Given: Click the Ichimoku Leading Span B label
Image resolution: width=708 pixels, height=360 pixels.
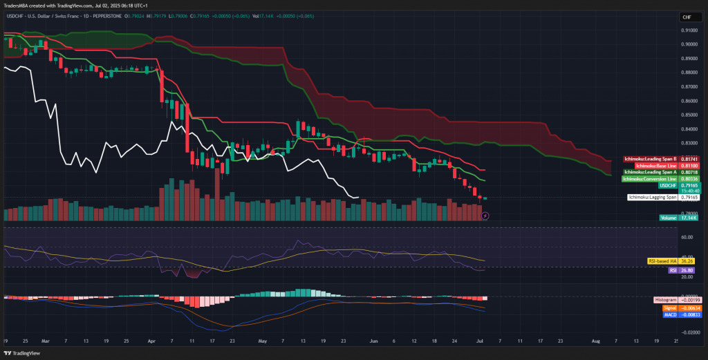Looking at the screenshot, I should pos(649,159).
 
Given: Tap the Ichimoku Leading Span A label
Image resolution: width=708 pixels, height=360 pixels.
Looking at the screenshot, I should pos(649,172).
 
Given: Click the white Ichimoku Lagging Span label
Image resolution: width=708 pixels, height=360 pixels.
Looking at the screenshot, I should pos(651,198).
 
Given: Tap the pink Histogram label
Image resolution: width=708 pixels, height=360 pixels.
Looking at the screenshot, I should pos(665,301).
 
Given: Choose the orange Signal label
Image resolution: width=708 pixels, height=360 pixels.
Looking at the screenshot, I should pos(669,307).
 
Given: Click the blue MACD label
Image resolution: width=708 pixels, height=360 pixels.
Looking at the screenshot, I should pos(669,314).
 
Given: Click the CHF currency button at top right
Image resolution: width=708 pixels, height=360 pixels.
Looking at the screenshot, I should pos(687,17).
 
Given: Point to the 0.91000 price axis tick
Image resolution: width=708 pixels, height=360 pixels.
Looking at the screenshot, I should pos(689,30).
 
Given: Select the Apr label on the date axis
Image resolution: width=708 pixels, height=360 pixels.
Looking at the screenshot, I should pos(151,341).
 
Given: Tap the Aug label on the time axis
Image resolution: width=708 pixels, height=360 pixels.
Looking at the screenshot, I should pos(595,341).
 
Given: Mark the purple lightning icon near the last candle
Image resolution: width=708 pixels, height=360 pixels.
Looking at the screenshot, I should pos(485,216).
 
